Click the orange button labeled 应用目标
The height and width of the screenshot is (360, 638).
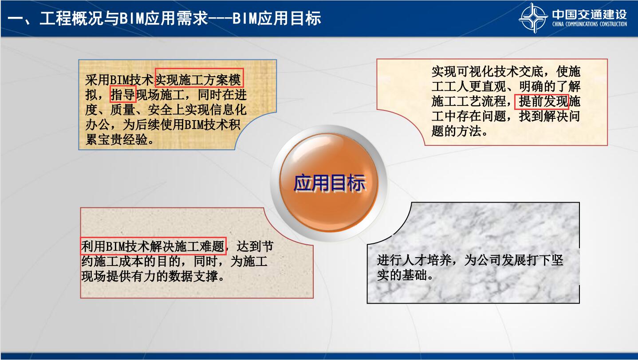tap(329, 182)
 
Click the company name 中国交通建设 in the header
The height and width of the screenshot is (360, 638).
tap(589, 15)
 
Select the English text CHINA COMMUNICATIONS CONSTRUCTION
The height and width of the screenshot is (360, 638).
tap(590, 24)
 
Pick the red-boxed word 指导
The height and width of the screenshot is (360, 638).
tap(123, 94)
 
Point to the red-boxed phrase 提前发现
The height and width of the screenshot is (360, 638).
tap(541, 102)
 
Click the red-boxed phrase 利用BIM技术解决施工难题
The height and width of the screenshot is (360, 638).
tap(153, 246)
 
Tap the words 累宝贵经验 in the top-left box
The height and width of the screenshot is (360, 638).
tap(117, 140)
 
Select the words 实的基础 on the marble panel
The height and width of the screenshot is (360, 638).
tap(402, 275)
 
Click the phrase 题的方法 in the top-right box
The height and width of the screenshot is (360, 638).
tap(456, 131)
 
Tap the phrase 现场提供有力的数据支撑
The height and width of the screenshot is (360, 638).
tap(150, 276)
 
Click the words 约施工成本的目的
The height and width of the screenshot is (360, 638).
tap(131, 261)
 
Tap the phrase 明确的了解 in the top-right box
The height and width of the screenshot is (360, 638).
tap(550, 86)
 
